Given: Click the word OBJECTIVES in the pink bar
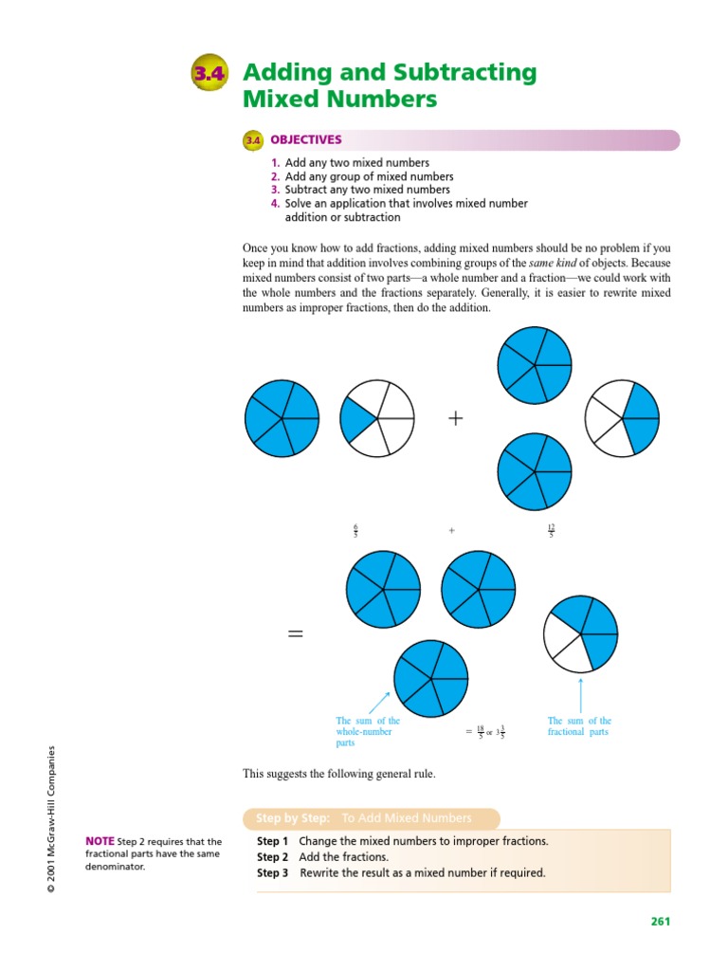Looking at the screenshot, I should coord(305,139).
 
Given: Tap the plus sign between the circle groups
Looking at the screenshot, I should coord(456,417).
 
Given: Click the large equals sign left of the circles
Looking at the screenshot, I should coord(296,634).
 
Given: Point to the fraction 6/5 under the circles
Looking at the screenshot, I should coord(355,532).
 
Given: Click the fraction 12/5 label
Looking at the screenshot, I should coord(551,532).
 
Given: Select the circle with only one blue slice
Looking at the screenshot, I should coord(377,417).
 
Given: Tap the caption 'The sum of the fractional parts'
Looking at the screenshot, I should coord(579,726).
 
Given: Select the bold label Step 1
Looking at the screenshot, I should coord(273,841).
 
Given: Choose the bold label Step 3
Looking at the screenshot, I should coord(273,873).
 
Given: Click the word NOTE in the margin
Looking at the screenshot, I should coord(100,841).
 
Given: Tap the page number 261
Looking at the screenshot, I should coord(660,921).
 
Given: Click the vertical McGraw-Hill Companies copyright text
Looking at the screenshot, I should coord(54,818).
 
